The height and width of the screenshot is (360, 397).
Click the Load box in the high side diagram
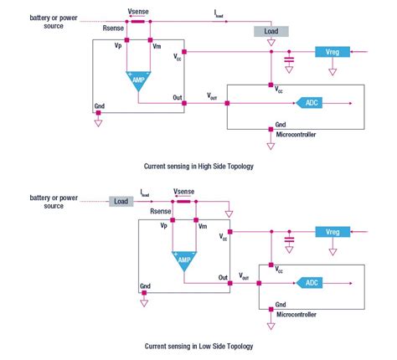[270, 31]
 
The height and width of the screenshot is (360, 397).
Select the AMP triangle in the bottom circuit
[183, 260]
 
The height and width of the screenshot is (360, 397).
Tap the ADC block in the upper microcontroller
[309, 103]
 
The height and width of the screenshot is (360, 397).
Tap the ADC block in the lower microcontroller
[308, 282]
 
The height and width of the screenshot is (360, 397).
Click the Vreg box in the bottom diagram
[331, 231]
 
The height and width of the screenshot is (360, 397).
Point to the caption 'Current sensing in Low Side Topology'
[198, 346]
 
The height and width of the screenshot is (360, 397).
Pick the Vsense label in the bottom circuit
[184, 191]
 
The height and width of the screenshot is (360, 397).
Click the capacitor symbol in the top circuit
[289, 59]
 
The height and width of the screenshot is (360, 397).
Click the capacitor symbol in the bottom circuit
[289, 239]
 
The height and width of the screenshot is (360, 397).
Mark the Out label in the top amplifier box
[177, 97]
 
